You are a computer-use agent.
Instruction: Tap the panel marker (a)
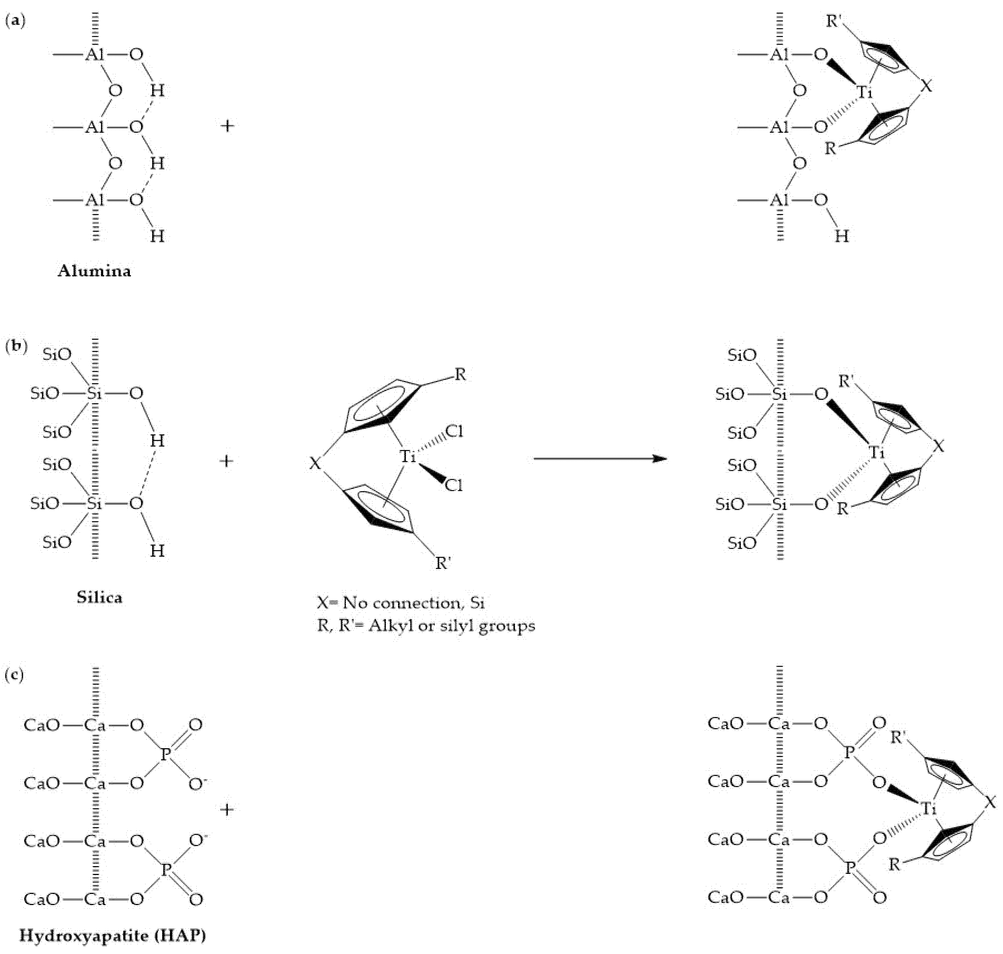tap(15, 21)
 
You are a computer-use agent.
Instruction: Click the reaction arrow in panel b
tap(600, 459)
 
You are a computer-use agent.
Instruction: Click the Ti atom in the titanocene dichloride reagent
tap(407, 456)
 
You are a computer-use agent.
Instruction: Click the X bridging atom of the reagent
tap(315, 463)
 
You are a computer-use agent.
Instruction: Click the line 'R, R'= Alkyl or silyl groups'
tap(426, 626)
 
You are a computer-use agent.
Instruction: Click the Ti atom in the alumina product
tap(864, 92)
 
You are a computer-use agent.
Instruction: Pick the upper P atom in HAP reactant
tap(165, 754)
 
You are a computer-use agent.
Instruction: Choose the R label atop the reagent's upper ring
tap(460, 375)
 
